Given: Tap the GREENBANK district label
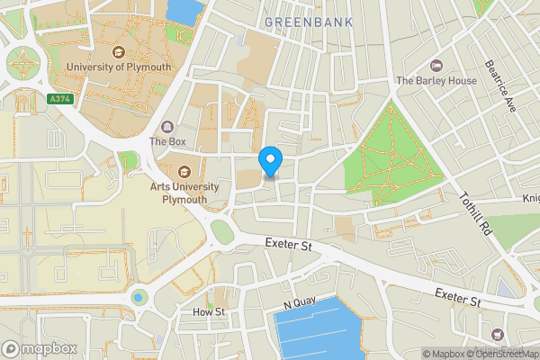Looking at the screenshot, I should coord(310,21).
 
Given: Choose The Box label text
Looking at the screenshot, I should coord(167,141).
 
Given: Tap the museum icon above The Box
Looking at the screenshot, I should coord(167,127).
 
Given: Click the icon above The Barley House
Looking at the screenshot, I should coord(437,65).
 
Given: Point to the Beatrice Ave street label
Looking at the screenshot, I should coord(498,86).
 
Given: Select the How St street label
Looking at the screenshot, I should coord(210,312).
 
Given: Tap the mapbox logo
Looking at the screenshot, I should coord(38,348).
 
